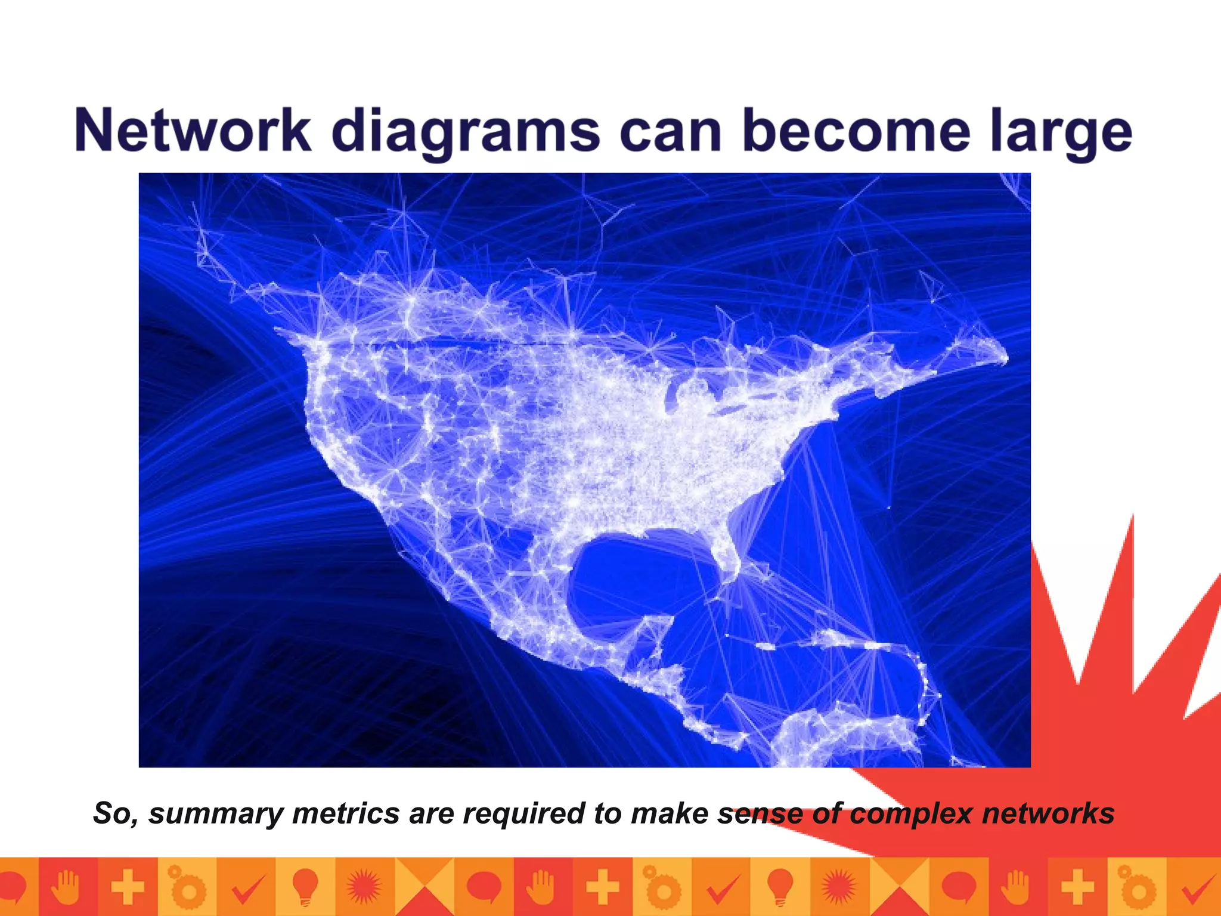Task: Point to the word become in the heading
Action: pos(856,131)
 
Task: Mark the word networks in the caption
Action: pos(1048,813)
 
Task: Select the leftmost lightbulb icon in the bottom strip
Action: pos(305,886)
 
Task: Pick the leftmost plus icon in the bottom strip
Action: pos(128,886)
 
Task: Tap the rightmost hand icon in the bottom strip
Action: pos(1018,886)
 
